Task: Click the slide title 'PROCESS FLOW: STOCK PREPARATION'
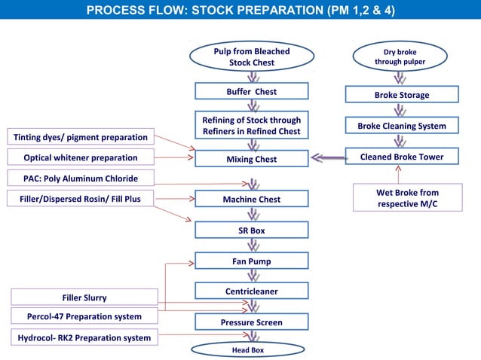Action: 240,11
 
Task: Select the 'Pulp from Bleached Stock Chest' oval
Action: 251,57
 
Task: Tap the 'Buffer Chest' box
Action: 251,92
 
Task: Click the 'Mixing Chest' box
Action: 251,159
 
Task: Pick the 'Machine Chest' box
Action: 251,200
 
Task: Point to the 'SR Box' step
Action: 251,230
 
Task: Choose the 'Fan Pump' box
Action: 251,261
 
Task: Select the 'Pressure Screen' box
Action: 251,322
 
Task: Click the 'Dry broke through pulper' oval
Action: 400,57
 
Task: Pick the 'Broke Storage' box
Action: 402,95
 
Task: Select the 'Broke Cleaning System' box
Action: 402,126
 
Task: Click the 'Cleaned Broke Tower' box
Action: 402,157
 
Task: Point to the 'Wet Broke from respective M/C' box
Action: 407,199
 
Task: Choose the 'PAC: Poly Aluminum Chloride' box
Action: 80,178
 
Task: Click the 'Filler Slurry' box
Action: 84,297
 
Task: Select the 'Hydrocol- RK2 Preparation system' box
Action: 84,338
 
